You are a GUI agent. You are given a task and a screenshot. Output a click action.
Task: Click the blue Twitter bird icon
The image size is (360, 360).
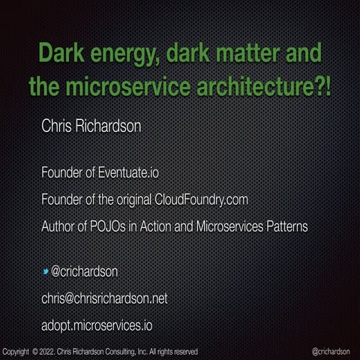click(45, 271)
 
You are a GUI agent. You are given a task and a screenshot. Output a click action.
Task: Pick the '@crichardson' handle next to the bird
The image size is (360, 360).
click(84, 271)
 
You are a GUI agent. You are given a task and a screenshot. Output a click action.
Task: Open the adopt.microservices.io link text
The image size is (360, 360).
click(97, 325)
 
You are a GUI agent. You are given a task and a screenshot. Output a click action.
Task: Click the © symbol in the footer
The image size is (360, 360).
click(34, 351)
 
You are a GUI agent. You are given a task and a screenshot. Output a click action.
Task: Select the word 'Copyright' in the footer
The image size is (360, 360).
click(16, 351)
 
